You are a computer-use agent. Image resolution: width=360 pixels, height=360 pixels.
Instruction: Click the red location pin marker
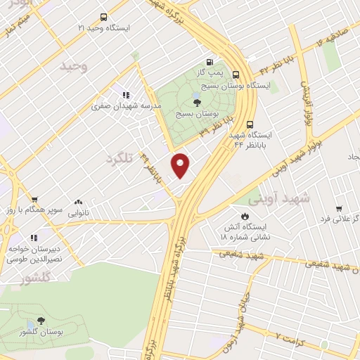pos(181,165)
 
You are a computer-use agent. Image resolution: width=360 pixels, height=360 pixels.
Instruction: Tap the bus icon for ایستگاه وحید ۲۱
pos(104,18)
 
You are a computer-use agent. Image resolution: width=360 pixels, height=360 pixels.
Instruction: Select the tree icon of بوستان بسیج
pos(205,103)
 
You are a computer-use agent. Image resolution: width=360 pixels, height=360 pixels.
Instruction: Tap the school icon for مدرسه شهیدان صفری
pos(126,96)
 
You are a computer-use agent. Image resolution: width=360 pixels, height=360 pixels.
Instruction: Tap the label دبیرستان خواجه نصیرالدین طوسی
pos(34,254)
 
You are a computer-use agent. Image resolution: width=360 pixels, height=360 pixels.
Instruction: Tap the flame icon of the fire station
pos(245,215)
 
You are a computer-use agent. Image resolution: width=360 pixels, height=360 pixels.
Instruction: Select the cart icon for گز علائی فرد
pos(339,209)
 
